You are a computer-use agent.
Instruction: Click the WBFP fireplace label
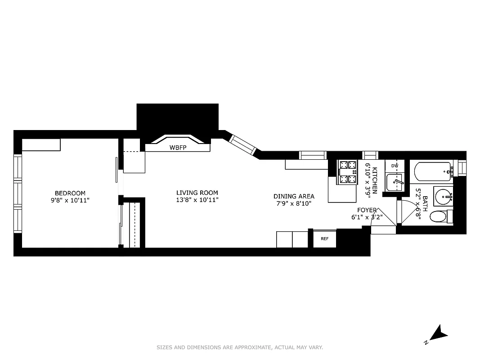pos(177,148)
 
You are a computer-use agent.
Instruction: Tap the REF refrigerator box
pos(324,239)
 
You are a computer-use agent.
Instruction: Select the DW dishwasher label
pos(395,166)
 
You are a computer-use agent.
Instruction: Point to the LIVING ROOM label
pos(197,193)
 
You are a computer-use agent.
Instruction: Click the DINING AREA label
pos(294,196)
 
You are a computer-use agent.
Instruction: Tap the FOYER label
pos(367,210)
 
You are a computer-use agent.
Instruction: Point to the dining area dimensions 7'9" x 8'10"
pos(294,203)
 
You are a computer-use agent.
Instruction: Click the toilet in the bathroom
pos(439,216)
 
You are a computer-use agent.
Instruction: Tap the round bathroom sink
pos(443,196)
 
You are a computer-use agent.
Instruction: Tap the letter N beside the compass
pos(426,342)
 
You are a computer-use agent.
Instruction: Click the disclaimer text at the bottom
pos(240,347)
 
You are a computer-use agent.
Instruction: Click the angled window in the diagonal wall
pos(242,144)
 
